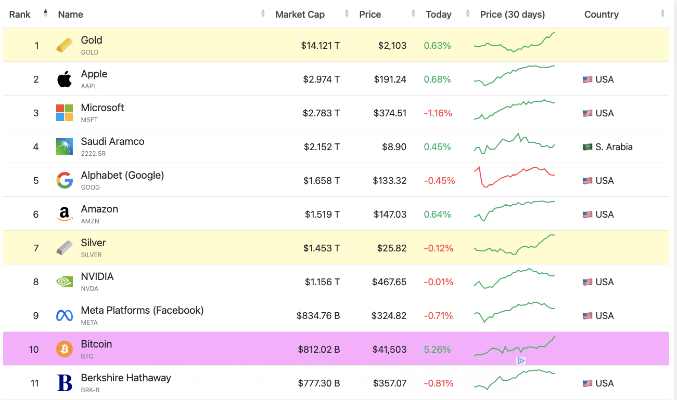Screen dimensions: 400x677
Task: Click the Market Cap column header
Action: point(300,15)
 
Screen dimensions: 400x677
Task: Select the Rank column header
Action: point(20,15)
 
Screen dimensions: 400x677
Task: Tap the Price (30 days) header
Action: point(512,15)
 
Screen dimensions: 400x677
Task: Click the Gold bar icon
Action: point(65,45)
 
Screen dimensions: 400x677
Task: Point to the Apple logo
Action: point(65,79)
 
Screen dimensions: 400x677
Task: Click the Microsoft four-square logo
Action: point(65,113)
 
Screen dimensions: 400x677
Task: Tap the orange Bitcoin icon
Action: point(65,349)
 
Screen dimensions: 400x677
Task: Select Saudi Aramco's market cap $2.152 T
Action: point(322,147)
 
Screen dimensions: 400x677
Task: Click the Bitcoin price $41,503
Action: point(389,350)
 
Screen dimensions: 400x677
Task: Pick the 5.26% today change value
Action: point(437,350)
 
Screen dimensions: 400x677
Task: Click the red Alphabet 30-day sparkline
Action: point(514,177)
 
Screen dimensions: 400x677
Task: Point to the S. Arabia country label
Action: point(614,147)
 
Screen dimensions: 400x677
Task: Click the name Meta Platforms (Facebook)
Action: point(142,310)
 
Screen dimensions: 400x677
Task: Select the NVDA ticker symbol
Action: point(90,289)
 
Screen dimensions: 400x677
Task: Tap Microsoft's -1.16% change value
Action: point(438,113)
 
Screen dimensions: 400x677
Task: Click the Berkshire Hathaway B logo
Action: point(65,383)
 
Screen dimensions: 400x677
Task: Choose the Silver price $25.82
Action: point(391,248)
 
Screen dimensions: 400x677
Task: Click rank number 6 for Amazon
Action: point(36,215)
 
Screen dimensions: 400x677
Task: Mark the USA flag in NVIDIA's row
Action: point(587,282)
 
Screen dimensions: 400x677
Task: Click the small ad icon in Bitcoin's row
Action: point(520,361)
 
